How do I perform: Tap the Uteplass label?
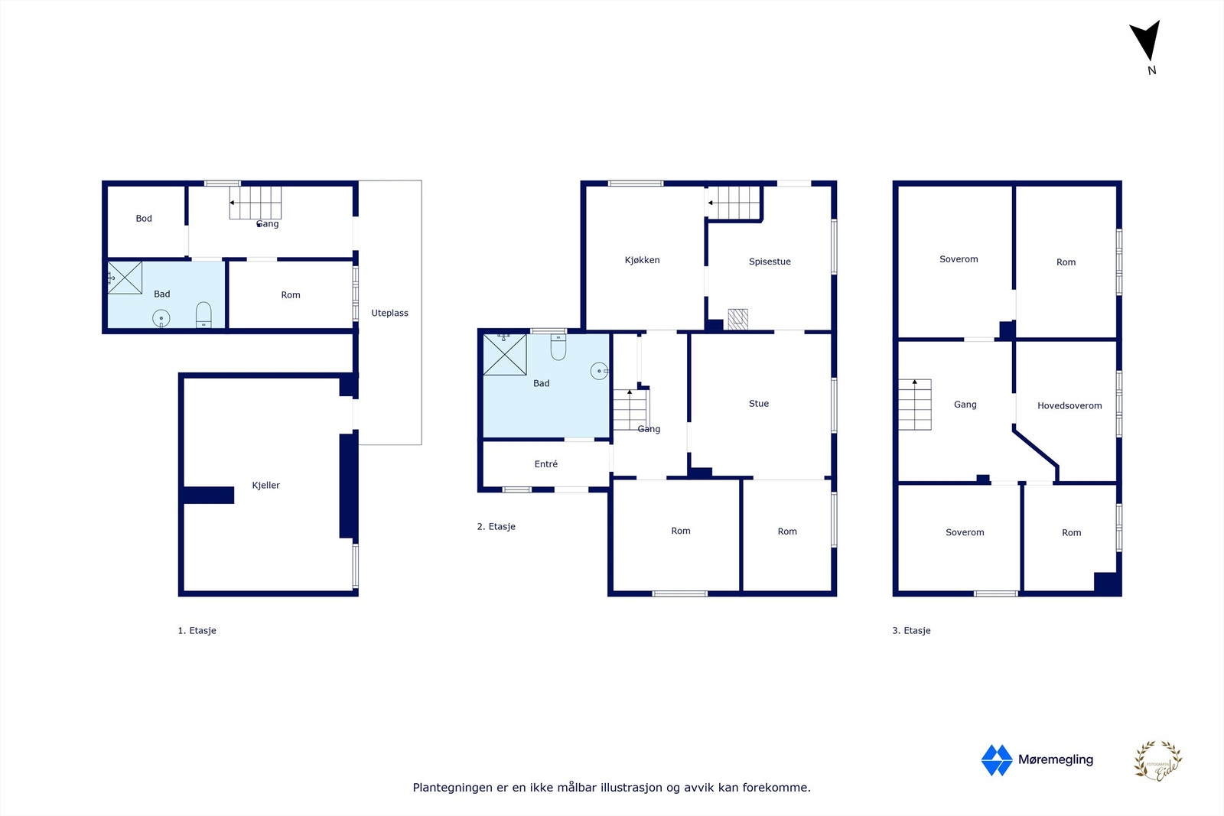[389, 313]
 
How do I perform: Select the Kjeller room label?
[265, 485]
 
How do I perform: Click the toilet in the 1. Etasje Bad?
[203, 314]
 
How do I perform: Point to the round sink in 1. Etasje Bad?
[161, 318]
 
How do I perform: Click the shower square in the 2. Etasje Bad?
[505, 354]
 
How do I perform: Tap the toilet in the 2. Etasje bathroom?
[558, 348]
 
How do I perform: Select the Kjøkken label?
[642, 260]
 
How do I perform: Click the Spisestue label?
[770, 262]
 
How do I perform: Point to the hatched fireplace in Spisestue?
[737, 319]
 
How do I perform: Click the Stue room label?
[758, 404]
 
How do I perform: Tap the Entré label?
[545, 464]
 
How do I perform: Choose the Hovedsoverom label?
[1069, 406]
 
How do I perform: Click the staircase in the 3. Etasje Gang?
[915, 405]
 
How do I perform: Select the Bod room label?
[144, 219]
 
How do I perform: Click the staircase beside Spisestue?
[734, 203]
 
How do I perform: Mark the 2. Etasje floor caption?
[496, 527]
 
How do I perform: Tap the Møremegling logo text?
[1055, 759]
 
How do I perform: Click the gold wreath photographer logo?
[1157, 761]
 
